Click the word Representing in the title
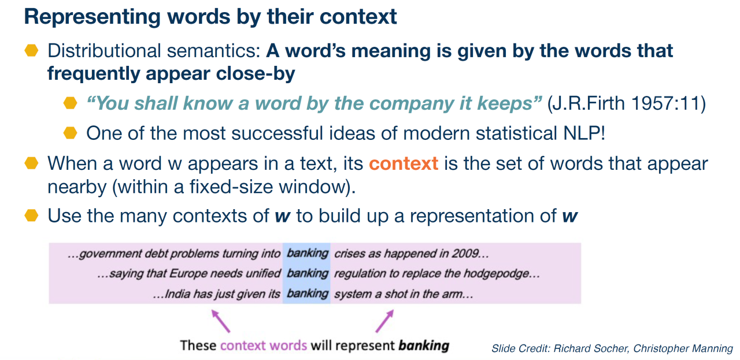(92, 17)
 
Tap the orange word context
(404, 164)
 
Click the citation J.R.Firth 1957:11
(626, 103)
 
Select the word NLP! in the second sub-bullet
(584, 133)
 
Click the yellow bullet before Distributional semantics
(31, 50)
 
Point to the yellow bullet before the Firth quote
(70, 103)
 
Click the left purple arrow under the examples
(221, 321)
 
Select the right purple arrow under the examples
(384, 321)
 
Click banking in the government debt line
(307, 253)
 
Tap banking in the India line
(307, 294)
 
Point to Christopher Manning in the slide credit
(683, 348)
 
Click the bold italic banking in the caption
(424, 346)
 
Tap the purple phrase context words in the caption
(264, 346)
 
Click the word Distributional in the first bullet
(104, 51)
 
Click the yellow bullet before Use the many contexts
(31, 215)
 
